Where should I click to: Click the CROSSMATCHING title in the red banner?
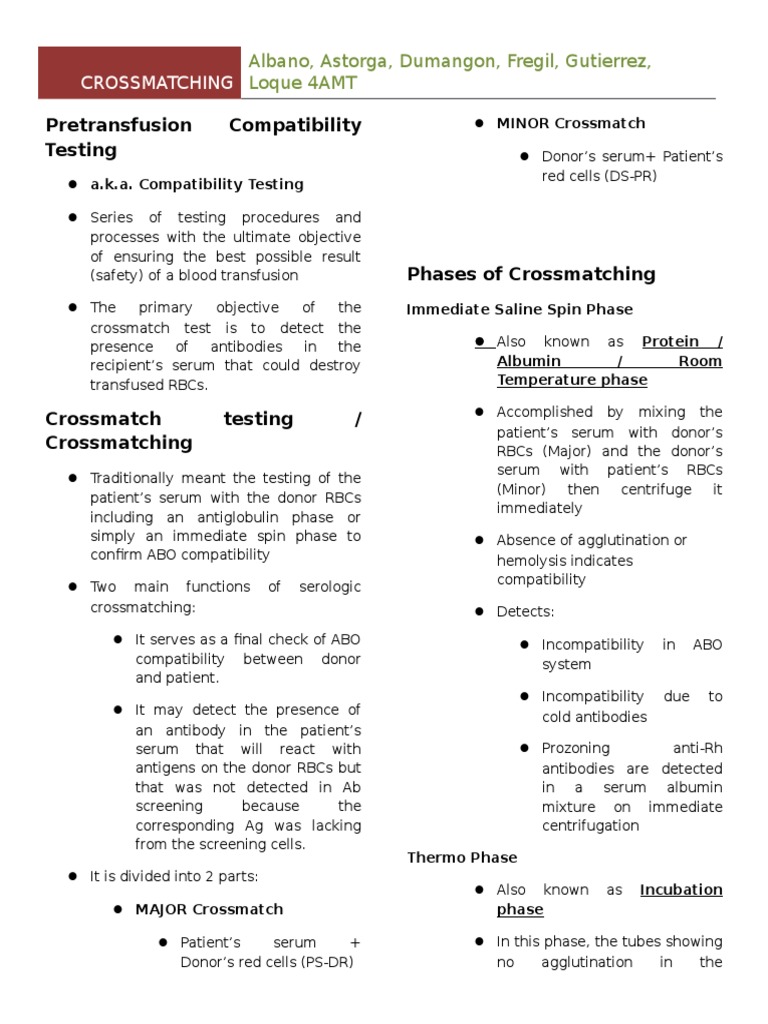click(x=156, y=83)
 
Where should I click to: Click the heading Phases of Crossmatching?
click(x=531, y=274)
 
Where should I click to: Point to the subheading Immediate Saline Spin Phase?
click(x=519, y=309)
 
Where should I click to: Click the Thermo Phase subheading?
click(x=461, y=857)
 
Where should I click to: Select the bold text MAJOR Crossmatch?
click(x=209, y=909)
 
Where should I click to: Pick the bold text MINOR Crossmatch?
click(x=571, y=123)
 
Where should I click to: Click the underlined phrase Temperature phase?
click(x=571, y=380)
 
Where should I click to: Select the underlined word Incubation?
click(x=680, y=889)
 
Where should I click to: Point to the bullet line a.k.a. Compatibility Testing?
click(x=197, y=184)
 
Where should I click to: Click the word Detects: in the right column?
click(x=525, y=611)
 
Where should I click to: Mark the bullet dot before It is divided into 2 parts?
click(x=73, y=876)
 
